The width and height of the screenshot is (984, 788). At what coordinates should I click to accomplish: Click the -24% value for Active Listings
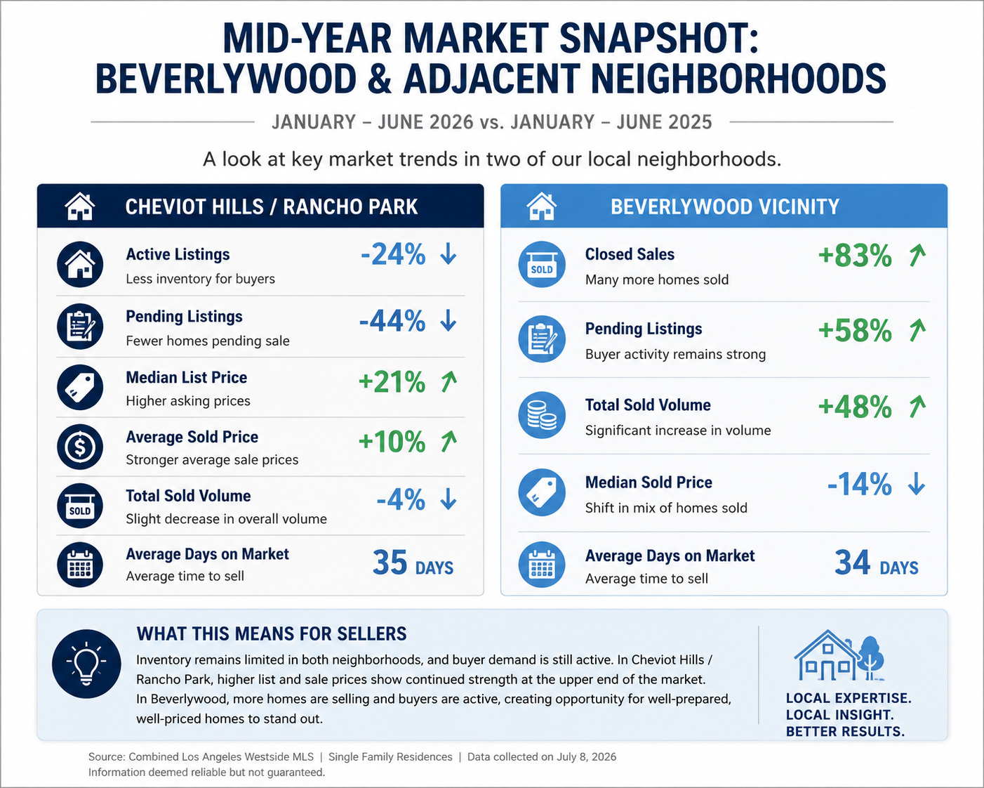393,254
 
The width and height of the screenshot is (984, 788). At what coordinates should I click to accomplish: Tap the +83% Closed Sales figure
855,256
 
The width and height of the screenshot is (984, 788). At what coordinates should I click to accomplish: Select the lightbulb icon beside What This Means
86,664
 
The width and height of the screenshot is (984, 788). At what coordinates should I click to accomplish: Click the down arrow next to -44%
448,320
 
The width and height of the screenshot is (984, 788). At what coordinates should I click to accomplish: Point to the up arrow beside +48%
917,407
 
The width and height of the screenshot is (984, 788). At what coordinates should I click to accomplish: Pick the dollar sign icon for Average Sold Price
80,447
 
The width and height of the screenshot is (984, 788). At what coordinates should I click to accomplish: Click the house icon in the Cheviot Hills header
80,206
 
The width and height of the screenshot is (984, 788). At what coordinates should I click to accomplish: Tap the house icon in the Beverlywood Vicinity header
542,206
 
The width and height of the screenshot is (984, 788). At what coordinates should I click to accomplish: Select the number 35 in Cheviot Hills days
390,563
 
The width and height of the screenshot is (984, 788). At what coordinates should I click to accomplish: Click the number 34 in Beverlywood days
852,563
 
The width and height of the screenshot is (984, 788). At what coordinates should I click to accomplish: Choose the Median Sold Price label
649,482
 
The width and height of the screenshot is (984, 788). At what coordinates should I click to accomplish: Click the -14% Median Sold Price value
860,484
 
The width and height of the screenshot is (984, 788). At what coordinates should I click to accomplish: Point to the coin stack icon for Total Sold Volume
542,415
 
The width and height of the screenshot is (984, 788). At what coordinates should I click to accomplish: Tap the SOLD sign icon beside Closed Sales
542,265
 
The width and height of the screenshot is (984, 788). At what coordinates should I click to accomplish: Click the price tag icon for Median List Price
80,387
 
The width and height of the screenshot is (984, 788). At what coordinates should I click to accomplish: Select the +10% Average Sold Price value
392,442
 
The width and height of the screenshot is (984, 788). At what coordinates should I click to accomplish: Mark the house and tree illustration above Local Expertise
839,655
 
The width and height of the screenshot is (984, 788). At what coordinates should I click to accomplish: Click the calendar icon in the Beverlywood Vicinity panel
542,564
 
